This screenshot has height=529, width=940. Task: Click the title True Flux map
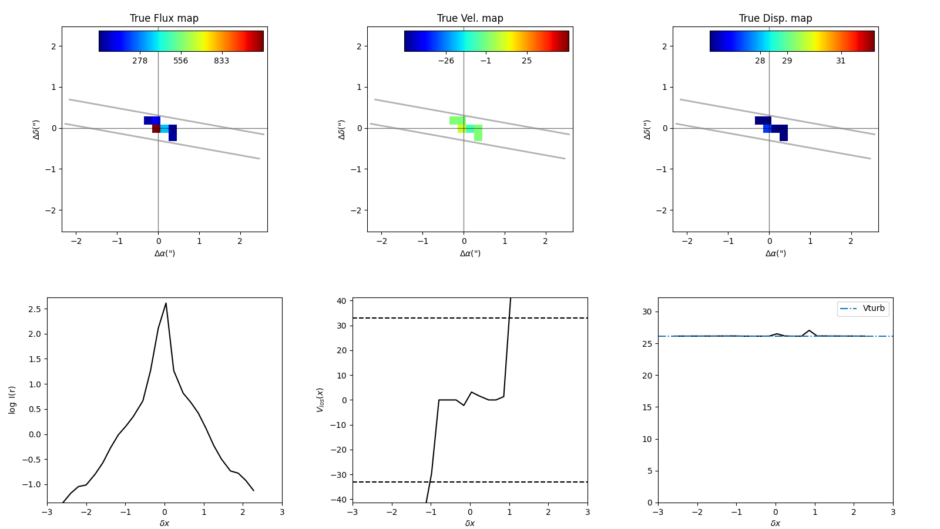click(164, 18)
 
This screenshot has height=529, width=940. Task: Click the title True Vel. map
click(470, 18)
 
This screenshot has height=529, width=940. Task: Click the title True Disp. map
click(775, 18)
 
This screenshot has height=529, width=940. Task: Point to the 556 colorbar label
click(180, 61)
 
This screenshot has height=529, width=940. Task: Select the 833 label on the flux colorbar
click(221, 61)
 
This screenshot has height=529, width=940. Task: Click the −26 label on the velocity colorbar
click(446, 61)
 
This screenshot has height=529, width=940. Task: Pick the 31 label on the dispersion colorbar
click(841, 61)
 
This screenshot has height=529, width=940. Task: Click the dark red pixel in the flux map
click(156, 129)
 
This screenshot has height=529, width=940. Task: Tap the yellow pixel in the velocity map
click(462, 129)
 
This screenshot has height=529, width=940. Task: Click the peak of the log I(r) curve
click(166, 303)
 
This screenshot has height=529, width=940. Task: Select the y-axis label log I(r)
click(12, 400)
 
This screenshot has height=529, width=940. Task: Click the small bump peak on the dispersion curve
click(809, 330)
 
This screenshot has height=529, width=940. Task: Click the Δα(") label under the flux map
click(164, 253)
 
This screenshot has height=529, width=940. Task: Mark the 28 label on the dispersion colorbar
click(760, 61)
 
